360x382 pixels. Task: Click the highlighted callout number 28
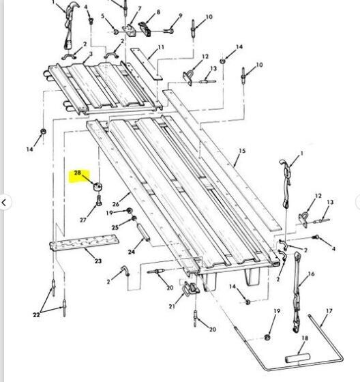77,173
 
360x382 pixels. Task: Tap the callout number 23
98,261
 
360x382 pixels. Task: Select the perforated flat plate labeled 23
85,243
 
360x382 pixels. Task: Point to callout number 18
305,338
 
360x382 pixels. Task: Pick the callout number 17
329,311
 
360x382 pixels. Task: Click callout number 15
242,151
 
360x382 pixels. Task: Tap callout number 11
161,47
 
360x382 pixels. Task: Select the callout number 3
91,54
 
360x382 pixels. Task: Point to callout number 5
103,16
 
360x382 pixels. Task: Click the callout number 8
158,12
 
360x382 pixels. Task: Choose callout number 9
181,16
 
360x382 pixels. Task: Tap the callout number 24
132,252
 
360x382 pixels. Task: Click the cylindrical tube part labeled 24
143,232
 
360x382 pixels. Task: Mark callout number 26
116,204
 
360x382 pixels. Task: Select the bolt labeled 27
99,201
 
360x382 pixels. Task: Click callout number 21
172,306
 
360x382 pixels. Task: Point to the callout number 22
36,314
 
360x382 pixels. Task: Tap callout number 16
311,274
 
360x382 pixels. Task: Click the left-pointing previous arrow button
4,202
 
